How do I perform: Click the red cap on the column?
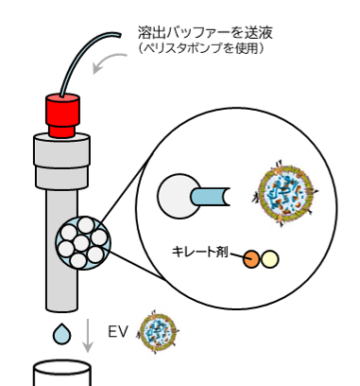(x=62, y=115)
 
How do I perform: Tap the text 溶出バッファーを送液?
(x=205, y=32)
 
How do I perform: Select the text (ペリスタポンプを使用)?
(x=201, y=48)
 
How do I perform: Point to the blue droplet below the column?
(x=61, y=334)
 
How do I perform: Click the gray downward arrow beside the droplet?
(x=88, y=335)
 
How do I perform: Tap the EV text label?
(x=118, y=332)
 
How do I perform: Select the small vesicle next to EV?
(x=158, y=332)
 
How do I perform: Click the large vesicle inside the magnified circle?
(x=285, y=193)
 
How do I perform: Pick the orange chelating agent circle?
(x=251, y=259)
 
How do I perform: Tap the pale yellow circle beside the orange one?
(x=270, y=259)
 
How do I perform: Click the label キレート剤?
(x=199, y=252)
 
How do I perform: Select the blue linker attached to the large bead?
(x=210, y=197)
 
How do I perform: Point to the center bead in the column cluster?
(x=81, y=243)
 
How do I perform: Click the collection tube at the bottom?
(x=62, y=373)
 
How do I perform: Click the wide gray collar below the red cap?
(x=61, y=162)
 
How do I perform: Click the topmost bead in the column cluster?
(x=86, y=225)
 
